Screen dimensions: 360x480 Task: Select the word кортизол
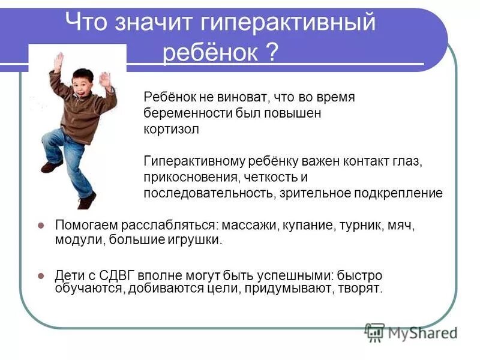(x=171, y=129)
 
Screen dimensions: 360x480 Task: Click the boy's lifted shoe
(x=52, y=166)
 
